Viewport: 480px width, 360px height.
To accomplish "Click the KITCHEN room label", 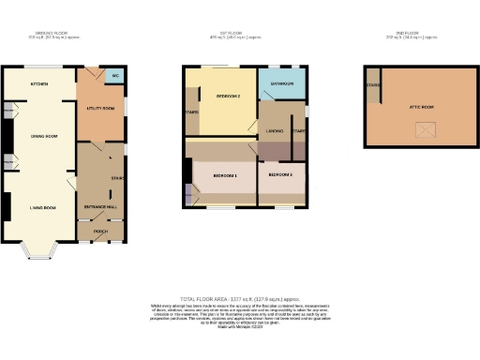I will pos(38,83).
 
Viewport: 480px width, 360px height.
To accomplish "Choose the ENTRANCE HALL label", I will pos(98,205).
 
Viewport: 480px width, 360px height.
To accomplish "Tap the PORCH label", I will pos(100,231).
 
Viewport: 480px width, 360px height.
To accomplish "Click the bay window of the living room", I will pos(40,250).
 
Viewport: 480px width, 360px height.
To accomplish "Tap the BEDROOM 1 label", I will pos(224,175).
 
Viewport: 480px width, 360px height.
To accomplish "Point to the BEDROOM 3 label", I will pos(280,175).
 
